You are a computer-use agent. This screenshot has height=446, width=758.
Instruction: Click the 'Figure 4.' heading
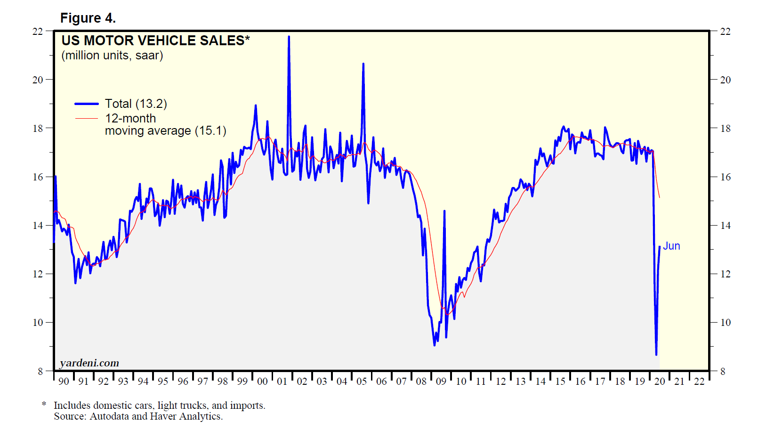tap(88, 18)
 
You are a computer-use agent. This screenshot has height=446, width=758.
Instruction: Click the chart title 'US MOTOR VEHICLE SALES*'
tap(155, 41)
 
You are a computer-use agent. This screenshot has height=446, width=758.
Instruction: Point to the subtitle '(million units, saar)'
tap(112, 56)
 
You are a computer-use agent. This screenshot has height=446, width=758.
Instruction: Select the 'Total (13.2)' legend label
tap(136, 104)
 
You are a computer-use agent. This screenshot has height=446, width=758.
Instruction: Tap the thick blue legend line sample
tap(86, 104)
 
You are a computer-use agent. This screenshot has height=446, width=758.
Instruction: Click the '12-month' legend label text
tap(130, 118)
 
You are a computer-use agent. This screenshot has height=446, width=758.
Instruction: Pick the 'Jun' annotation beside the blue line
tap(671, 246)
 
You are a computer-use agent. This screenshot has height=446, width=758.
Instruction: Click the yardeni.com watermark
tap(89, 363)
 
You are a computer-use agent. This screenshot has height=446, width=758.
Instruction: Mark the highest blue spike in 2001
tap(289, 37)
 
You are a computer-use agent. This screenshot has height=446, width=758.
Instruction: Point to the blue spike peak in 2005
tap(363, 64)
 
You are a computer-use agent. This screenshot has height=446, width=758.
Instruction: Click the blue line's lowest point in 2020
tap(656, 354)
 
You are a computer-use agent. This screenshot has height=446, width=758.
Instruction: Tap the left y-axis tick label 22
tap(38, 32)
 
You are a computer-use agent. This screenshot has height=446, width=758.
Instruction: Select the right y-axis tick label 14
tap(726, 226)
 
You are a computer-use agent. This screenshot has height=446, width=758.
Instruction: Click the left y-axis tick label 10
tap(38, 323)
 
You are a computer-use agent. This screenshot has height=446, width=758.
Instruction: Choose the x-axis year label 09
tap(441, 381)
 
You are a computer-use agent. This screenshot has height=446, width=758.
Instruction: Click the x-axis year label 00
tap(262, 381)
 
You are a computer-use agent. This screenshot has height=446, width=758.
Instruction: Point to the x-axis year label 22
tap(699, 381)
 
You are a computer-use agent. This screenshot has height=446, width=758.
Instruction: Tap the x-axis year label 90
tap(64, 381)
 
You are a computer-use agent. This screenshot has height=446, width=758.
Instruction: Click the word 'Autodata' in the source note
tap(109, 416)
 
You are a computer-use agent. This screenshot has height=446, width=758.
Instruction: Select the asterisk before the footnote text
tap(44, 404)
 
